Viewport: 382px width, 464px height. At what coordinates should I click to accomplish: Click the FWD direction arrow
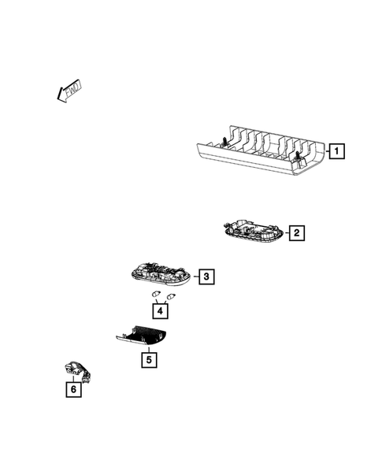(x=69, y=91)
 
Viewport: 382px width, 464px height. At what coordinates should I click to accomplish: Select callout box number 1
(x=336, y=150)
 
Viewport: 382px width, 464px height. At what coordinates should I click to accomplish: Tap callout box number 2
(x=296, y=232)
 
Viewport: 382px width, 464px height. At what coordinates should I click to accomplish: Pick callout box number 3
(x=205, y=277)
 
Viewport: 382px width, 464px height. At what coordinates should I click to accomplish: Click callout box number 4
(x=161, y=310)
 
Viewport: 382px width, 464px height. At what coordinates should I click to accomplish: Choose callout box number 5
(x=148, y=360)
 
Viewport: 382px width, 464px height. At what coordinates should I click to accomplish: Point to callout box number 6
(x=73, y=389)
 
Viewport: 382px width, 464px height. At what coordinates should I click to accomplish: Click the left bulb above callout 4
(x=156, y=295)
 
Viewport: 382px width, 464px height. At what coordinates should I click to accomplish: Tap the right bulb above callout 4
(x=169, y=295)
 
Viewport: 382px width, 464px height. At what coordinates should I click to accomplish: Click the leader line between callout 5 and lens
(x=148, y=349)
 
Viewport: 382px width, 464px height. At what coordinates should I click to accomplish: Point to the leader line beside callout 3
(x=193, y=277)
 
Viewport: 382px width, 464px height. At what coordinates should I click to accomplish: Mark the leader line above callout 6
(x=73, y=379)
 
